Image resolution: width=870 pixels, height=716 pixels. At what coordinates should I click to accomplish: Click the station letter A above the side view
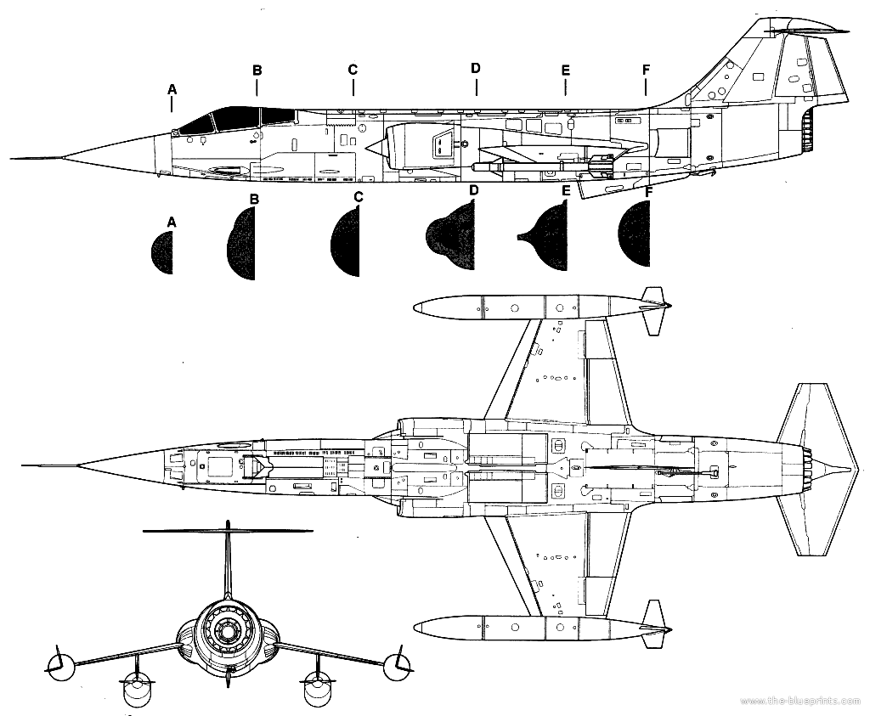click(172, 88)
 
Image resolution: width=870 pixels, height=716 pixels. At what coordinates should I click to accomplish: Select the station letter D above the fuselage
click(476, 68)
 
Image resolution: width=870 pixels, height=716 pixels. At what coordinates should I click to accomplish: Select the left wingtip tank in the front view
click(56, 664)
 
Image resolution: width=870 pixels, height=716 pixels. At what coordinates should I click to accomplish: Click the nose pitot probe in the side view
click(34, 158)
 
